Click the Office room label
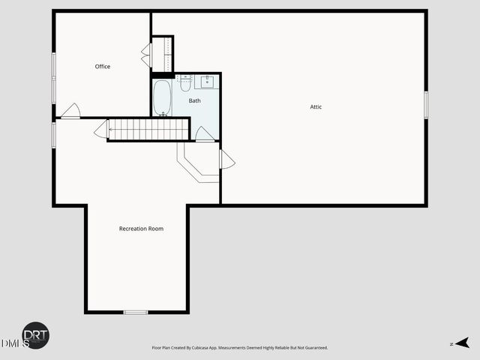click(x=103, y=67)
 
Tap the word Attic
click(x=316, y=107)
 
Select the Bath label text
click(x=194, y=100)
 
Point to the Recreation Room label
click(x=141, y=229)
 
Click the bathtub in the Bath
click(x=162, y=98)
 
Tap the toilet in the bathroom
click(x=185, y=82)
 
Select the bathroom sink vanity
click(x=205, y=82)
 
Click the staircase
click(x=148, y=130)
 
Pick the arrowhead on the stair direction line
click(x=110, y=130)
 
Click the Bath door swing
click(x=204, y=134)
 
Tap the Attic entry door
click(x=226, y=159)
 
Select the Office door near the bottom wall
click(x=70, y=112)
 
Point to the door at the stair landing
click(x=100, y=130)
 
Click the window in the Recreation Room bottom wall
click(x=136, y=311)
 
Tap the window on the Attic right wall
click(x=425, y=104)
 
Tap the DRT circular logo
click(x=35, y=335)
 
